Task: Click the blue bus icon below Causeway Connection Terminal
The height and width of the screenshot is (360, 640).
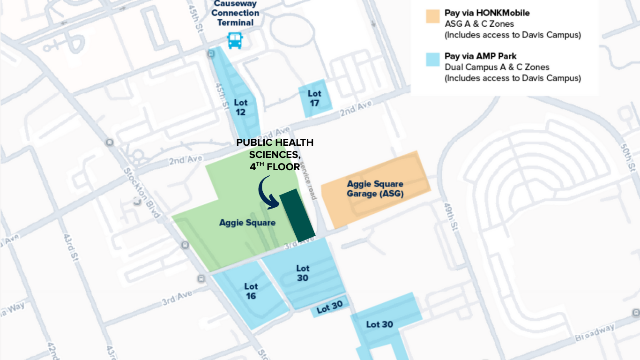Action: [x=235, y=40]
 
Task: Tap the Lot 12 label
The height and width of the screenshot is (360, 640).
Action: [x=241, y=107]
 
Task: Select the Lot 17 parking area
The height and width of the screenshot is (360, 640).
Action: [x=315, y=98]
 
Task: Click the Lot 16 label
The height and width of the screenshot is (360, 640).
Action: [x=251, y=291]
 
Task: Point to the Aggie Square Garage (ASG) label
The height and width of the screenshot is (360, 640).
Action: [x=375, y=188]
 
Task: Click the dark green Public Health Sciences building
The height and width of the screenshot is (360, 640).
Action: [x=297, y=215]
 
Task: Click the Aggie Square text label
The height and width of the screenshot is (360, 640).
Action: [x=247, y=223]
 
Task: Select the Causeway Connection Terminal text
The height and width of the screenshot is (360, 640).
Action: [x=235, y=13]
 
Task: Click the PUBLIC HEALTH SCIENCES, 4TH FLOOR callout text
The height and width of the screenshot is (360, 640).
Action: [x=275, y=154]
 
